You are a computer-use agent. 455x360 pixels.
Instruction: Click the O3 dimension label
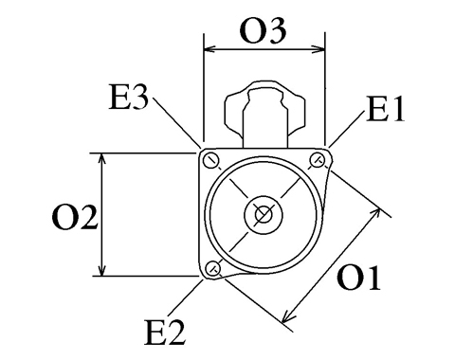click(263, 30)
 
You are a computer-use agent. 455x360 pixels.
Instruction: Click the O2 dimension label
click(75, 217)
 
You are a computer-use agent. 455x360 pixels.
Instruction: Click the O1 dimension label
click(358, 278)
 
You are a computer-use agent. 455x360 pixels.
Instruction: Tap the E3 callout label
click(128, 97)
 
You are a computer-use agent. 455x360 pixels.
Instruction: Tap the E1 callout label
click(386, 109)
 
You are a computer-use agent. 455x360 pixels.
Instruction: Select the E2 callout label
click(165, 332)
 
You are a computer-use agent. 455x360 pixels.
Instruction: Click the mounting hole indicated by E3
click(211, 161)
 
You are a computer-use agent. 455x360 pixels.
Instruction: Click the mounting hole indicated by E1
click(317, 160)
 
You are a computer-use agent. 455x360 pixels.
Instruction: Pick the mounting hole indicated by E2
click(212, 268)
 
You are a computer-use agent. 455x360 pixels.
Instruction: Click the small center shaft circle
click(264, 215)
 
